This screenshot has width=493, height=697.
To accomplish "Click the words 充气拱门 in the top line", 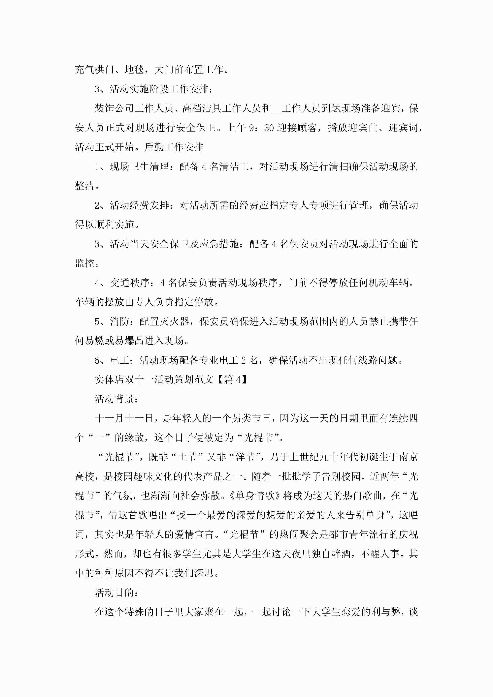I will point(94,70).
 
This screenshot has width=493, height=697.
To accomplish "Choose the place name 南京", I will point(408,457).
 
